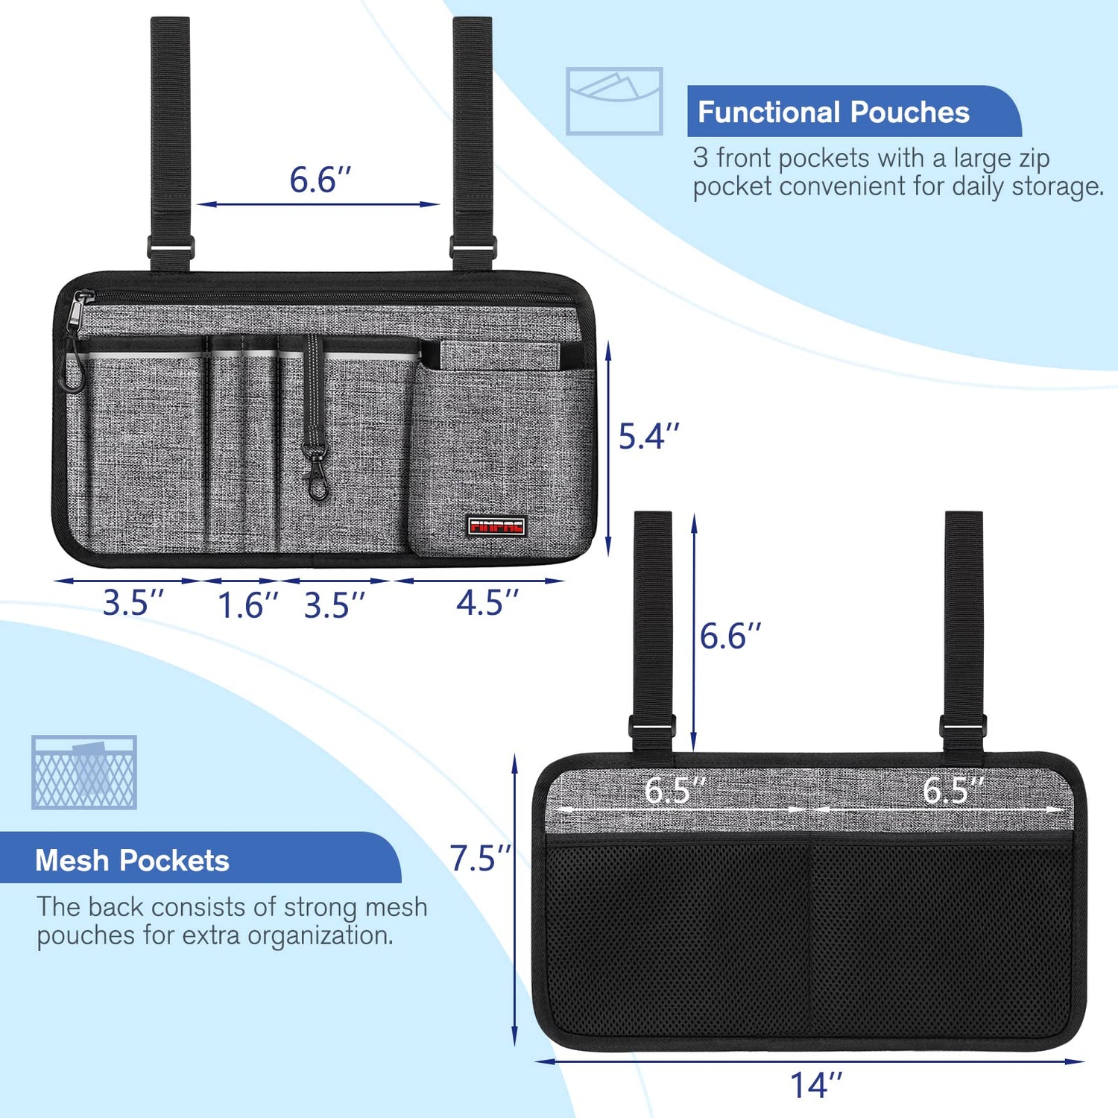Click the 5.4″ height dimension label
pos(649,436)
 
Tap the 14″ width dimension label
pos(816,1085)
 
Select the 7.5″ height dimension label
pos(480,859)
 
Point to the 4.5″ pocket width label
pos(487,602)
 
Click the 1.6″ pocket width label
pos(247,605)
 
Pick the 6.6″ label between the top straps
pos(320,180)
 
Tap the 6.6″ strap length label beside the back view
pos(730,637)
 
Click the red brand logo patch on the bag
pos(496,526)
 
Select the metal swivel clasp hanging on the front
pos(316,470)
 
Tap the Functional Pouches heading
pos(833,113)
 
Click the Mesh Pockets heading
pos(133,861)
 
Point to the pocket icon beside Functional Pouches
pos(614,101)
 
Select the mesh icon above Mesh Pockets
pos(84,772)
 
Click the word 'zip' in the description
pos(1030,159)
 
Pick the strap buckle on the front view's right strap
pos(473,245)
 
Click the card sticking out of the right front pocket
pos(499,355)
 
